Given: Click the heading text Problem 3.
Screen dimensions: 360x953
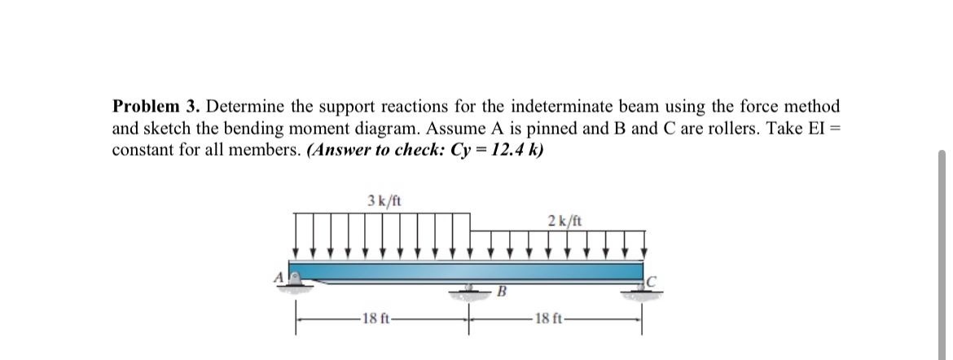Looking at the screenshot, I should (x=157, y=107).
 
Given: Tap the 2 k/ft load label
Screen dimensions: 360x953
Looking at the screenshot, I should (x=564, y=220).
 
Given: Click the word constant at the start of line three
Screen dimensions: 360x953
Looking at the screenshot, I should (x=141, y=151).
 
